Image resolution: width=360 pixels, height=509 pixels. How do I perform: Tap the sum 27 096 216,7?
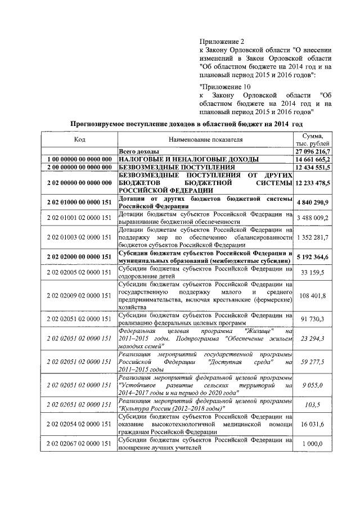pyautogui.click(x=314, y=151)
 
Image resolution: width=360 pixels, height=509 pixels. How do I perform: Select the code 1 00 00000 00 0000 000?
pyautogui.click(x=79, y=159)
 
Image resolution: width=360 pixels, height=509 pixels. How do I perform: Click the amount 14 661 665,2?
pyautogui.click(x=314, y=159)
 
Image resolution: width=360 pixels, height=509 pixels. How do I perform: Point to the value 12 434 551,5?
pyautogui.click(x=314, y=167)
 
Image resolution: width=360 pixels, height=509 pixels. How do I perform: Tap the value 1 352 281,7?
pyautogui.click(x=314, y=237)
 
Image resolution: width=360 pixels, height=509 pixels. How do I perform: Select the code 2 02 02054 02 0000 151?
pyautogui.click(x=79, y=424)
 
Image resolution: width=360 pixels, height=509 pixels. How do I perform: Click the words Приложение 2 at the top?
pyautogui.click(x=222, y=41)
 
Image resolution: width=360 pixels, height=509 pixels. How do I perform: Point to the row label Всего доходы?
pyautogui.click(x=138, y=151)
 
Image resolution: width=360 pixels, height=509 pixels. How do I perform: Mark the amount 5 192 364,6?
pyautogui.click(x=314, y=256)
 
